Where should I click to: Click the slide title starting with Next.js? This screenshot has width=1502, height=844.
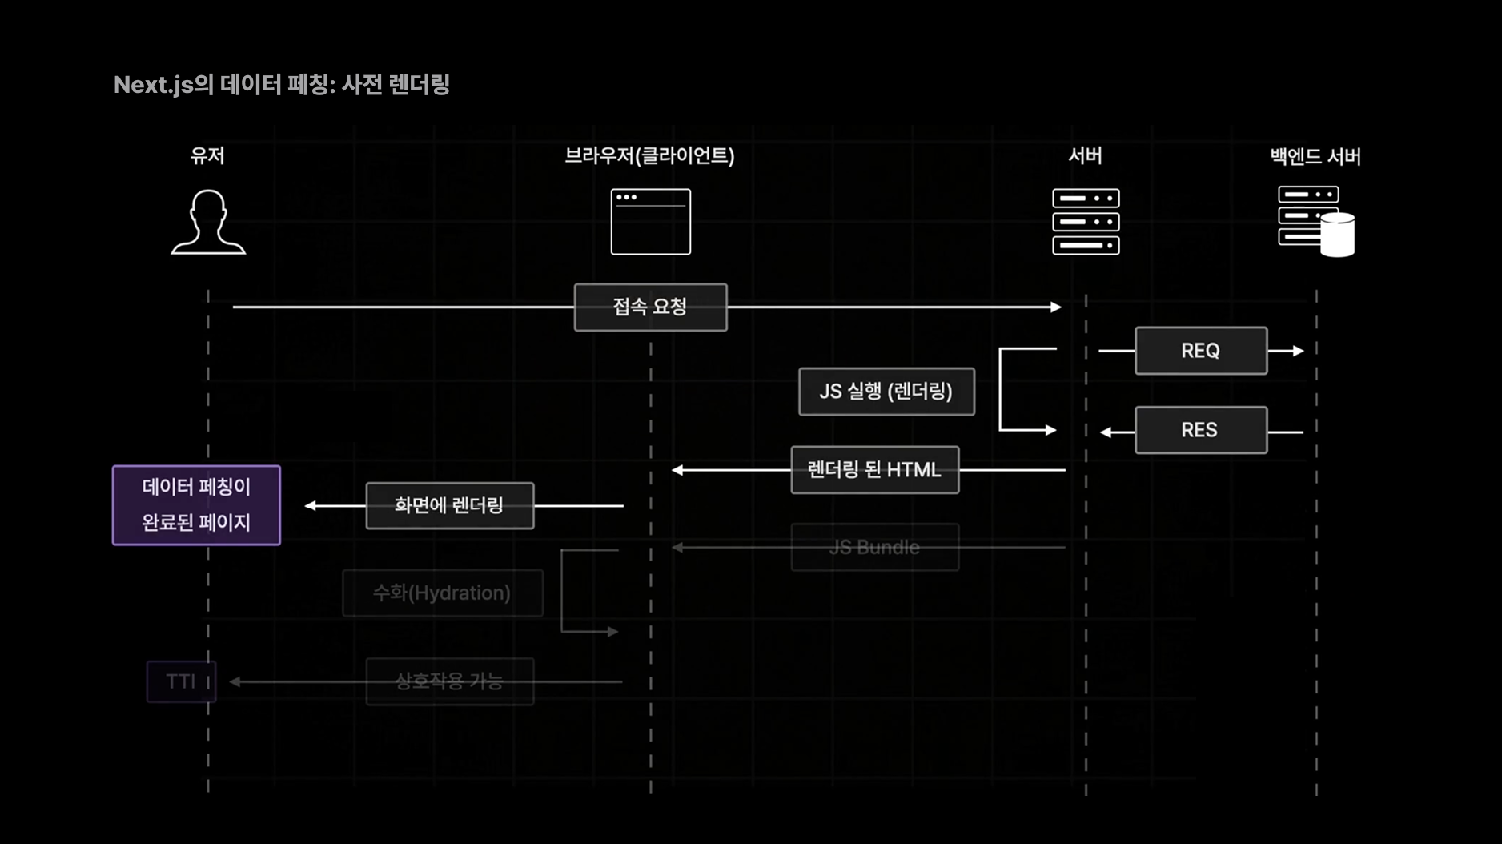pos(281,85)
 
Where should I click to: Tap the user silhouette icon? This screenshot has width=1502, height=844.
pos(208,223)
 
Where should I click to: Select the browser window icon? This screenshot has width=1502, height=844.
pos(650,222)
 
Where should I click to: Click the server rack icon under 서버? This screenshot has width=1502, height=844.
pos(1086,222)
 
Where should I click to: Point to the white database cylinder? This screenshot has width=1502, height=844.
pos(1337,235)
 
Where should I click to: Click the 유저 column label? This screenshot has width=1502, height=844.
pos(207,155)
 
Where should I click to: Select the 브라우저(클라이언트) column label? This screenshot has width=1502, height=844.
pos(649,155)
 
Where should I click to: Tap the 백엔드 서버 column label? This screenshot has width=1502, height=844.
pos(1315,156)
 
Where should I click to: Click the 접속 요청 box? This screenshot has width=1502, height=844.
pos(650,307)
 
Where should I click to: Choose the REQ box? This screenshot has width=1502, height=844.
pos(1200,351)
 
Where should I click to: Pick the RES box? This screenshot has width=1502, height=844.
pos(1200,430)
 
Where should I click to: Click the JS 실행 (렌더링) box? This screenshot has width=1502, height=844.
pos(886,392)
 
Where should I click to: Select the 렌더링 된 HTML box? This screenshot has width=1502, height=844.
pos(874,470)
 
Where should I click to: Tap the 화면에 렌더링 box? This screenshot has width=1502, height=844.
pos(449,505)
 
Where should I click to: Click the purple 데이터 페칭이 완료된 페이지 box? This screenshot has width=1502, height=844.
pos(196,505)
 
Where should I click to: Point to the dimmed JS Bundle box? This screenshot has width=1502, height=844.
pos(874,548)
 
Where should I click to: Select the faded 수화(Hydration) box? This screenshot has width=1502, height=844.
pos(442,593)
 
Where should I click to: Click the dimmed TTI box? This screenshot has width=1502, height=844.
pos(181,681)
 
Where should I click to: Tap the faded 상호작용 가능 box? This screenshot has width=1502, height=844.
pos(449,681)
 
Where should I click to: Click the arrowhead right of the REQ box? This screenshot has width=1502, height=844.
pos(1298,351)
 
